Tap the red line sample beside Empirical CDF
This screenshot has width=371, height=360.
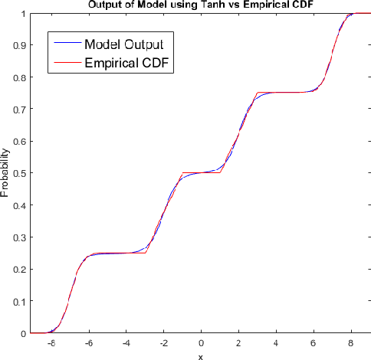coord(65,64)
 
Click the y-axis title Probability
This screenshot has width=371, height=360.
coord(6,174)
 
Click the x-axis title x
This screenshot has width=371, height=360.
coord(200,356)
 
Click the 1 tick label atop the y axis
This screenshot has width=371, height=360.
coord(21,14)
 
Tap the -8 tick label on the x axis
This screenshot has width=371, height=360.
coord(50,344)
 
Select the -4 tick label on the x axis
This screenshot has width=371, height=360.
coord(125,344)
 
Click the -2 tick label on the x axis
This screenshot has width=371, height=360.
coord(163,344)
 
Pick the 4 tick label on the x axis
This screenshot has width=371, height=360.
coord(276,344)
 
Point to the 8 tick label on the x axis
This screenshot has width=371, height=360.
coord(351,344)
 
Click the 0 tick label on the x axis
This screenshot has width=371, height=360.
coord(201,344)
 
